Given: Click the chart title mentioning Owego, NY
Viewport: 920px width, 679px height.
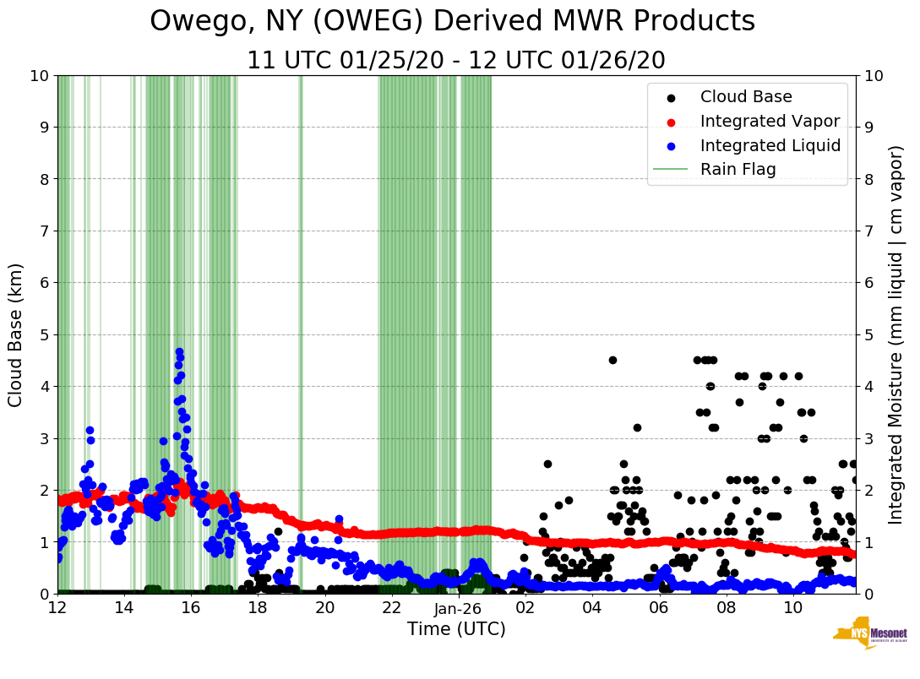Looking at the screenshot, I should coord(452,22).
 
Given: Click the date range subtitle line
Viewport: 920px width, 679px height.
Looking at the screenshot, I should coord(455,61).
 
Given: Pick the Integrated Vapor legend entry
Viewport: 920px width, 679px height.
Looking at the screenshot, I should coord(770,121).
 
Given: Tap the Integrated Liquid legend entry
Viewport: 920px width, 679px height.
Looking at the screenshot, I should coord(770,145).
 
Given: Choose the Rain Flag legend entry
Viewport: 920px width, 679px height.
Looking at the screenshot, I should coord(738,169).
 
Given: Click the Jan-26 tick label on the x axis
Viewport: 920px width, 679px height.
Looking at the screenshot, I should coord(457,608).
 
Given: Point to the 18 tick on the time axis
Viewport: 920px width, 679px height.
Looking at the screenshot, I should coord(258,608).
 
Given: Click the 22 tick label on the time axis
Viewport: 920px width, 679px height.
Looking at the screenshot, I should coord(391,608).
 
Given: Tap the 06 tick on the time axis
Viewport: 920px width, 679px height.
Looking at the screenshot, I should coord(658,608).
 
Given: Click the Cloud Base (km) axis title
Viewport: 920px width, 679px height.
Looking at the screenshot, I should coord(16,334).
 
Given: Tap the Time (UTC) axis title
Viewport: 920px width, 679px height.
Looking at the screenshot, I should coord(456,629).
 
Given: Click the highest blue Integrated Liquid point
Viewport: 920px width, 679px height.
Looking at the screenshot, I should coord(179,351).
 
